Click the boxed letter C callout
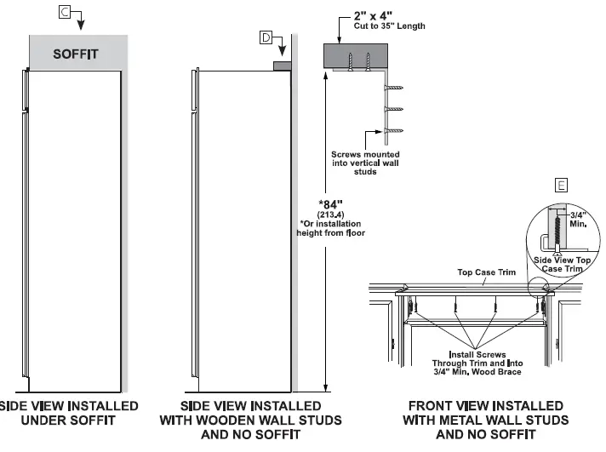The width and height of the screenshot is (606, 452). coord(66,11)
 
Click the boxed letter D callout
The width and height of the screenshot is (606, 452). coord(266,37)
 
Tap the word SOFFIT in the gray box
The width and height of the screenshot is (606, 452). coord(76,54)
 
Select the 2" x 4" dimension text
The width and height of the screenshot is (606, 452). coord(374,16)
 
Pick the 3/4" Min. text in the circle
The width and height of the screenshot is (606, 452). coord(577,220)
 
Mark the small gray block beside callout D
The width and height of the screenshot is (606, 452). coord(281,66)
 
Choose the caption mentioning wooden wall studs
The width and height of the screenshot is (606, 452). coord(250,420)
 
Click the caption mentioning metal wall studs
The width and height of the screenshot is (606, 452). coord(485,420)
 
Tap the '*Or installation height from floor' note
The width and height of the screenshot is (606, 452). coord(331,228)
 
